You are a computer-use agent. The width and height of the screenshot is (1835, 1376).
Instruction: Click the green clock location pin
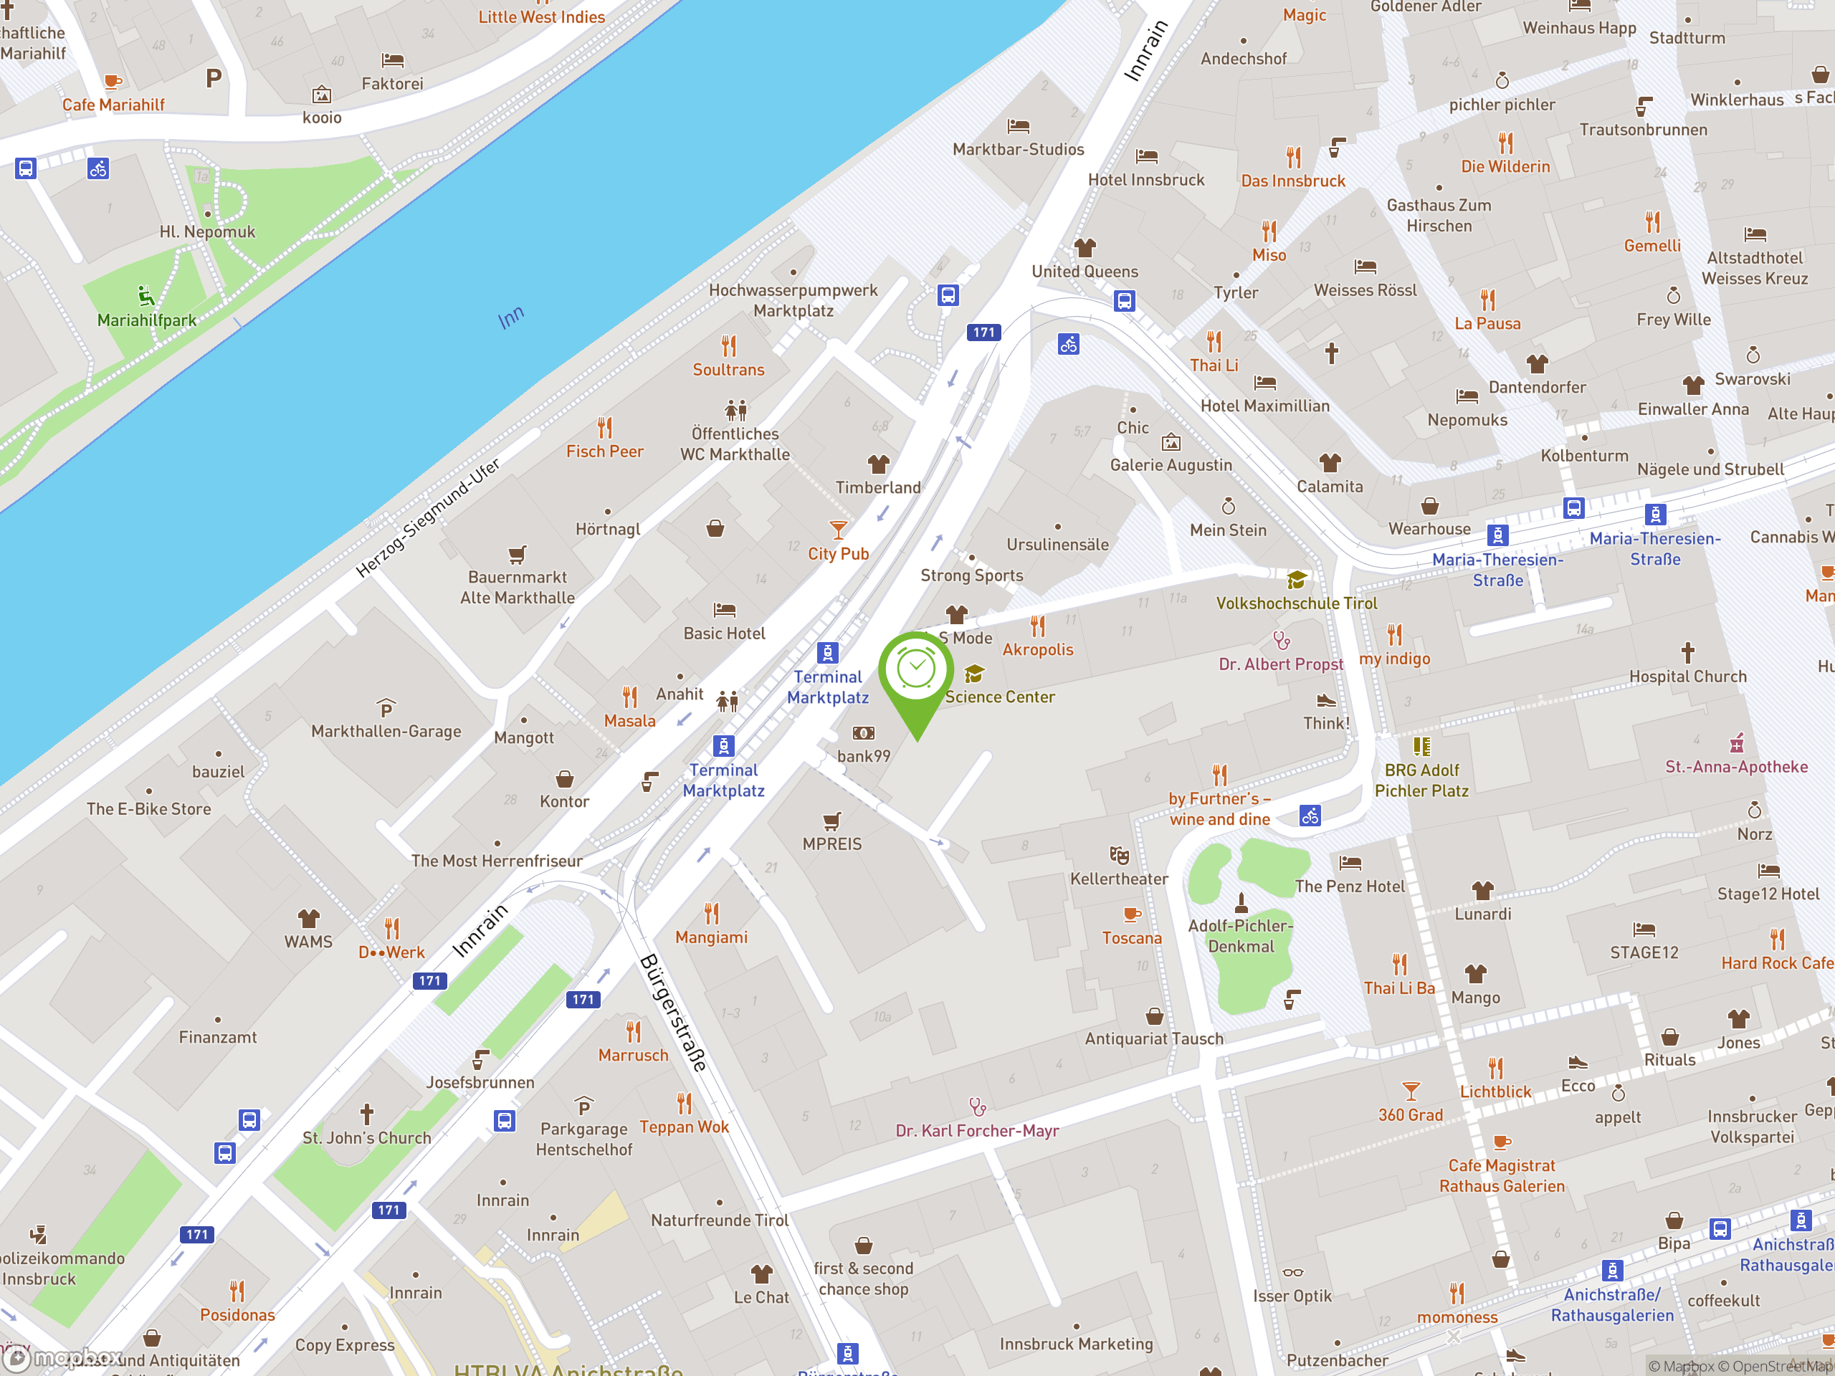(916, 672)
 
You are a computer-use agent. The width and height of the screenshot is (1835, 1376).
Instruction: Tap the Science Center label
(1000, 697)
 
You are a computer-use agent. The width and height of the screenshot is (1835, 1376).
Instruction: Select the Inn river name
(511, 317)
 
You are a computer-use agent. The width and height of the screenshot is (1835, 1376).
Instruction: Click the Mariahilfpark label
(147, 320)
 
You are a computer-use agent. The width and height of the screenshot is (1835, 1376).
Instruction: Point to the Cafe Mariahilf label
(114, 105)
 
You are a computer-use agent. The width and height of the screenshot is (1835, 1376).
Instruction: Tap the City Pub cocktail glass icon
(839, 529)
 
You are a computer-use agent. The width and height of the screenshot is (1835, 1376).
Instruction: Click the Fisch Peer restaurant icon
(605, 428)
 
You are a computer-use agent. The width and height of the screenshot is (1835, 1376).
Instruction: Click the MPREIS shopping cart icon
(832, 821)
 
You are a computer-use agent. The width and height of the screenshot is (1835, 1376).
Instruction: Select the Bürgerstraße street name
(674, 1013)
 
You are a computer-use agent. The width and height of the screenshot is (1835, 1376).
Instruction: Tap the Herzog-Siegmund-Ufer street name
(428, 517)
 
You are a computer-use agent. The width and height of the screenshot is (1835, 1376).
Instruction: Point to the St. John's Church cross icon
(367, 1114)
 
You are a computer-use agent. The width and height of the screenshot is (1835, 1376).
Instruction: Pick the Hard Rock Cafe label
(1776, 964)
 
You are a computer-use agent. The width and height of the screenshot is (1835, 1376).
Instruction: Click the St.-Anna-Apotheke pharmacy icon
(1736, 743)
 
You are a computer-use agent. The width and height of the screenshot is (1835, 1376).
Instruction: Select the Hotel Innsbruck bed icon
(1146, 156)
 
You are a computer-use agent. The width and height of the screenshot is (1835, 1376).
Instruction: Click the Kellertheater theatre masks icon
(1119, 855)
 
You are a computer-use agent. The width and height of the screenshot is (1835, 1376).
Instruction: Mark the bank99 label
(864, 756)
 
